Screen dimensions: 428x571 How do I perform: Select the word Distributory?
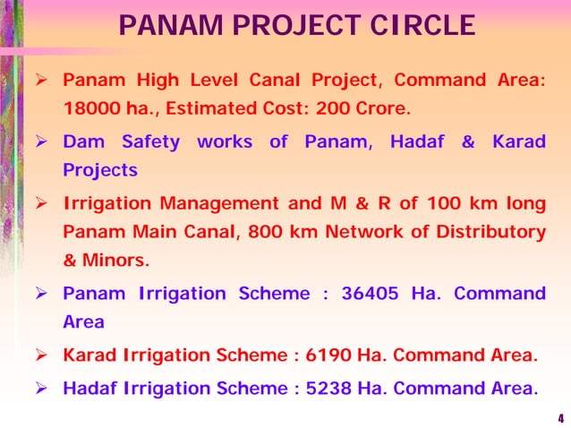click(x=491, y=232)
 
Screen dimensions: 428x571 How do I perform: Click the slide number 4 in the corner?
click(x=560, y=418)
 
